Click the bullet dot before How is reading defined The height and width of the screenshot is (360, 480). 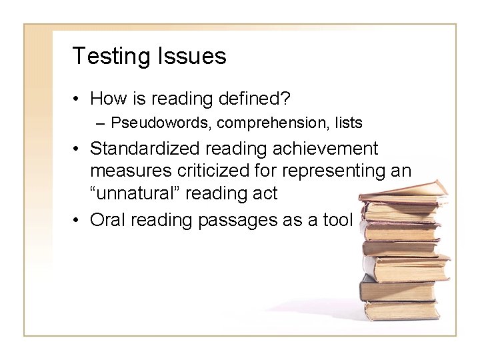[x=78, y=100]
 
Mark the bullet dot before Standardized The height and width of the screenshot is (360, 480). [x=78, y=149]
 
